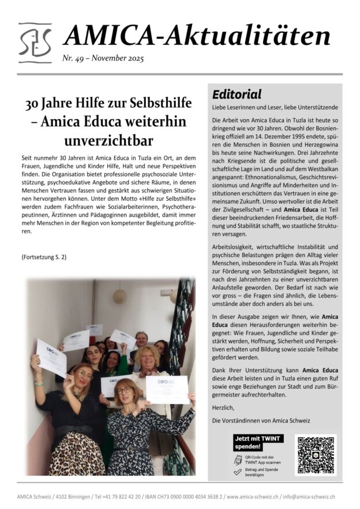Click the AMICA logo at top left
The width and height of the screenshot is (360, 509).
[35, 43]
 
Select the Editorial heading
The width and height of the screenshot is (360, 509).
[237, 95]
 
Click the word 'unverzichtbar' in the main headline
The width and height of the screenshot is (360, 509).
[109, 141]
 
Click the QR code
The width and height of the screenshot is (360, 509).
[315, 455]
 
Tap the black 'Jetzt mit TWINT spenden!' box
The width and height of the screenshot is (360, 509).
[257, 442]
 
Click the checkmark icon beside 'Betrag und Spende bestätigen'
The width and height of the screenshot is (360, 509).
[237, 472]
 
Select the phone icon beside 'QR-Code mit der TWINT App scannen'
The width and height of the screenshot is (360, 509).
[238, 459]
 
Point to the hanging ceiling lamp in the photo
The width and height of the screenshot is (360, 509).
[119, 295]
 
